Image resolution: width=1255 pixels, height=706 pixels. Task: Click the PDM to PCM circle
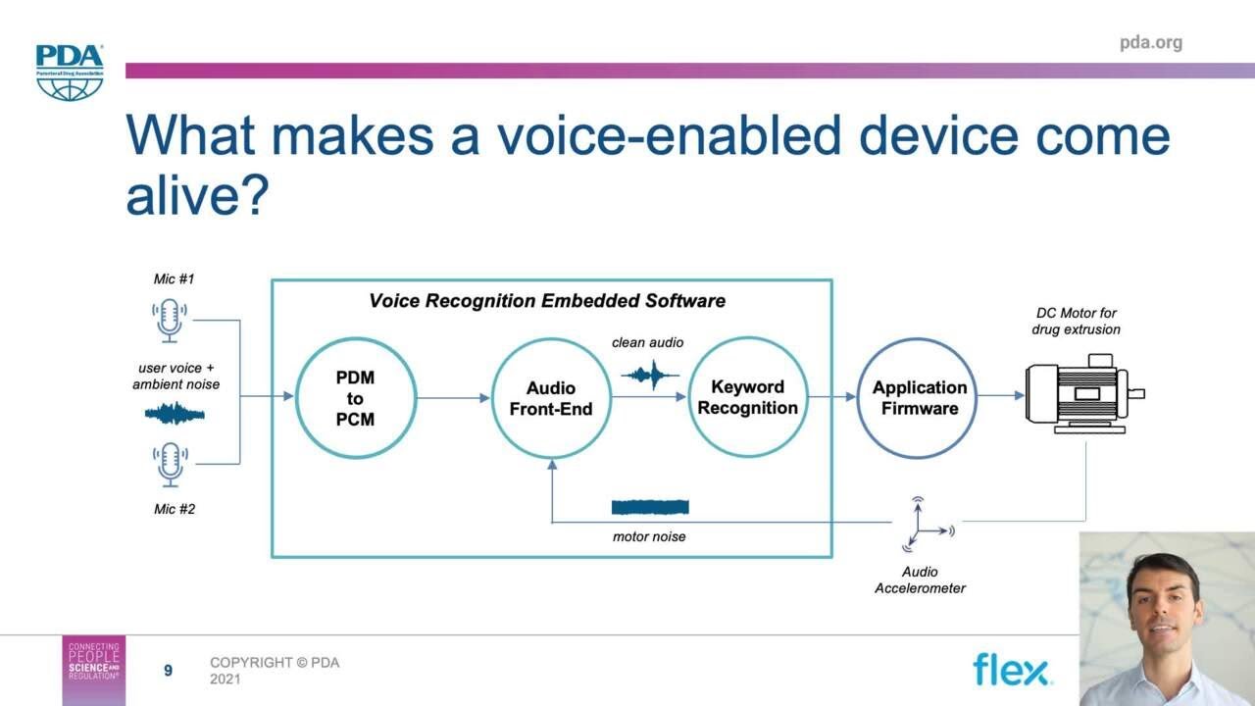(355, 399)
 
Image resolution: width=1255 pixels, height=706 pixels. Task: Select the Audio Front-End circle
(550, 399)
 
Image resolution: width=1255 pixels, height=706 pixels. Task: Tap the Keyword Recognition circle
(747, 398)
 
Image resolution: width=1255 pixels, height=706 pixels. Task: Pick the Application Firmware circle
(919, 398)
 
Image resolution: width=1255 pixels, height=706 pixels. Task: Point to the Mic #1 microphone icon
(170, 321)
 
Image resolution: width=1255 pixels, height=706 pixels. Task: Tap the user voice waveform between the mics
(175, 414)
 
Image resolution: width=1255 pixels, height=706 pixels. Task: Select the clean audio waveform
(650, 374)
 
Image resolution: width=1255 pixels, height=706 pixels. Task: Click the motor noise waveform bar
(650, 507)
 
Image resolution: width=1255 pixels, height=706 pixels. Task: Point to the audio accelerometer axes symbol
(922, 526)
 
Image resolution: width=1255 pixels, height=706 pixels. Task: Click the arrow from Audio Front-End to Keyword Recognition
(648, 398)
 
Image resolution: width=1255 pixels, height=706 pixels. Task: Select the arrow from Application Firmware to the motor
(1000, 396)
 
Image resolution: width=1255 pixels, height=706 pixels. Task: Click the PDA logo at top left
(69, 72)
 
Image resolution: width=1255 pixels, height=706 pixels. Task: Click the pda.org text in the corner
(1150, 42)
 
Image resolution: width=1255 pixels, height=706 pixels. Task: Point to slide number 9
(168, 671)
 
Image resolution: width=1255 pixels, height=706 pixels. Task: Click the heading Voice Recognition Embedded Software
(547, 301)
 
